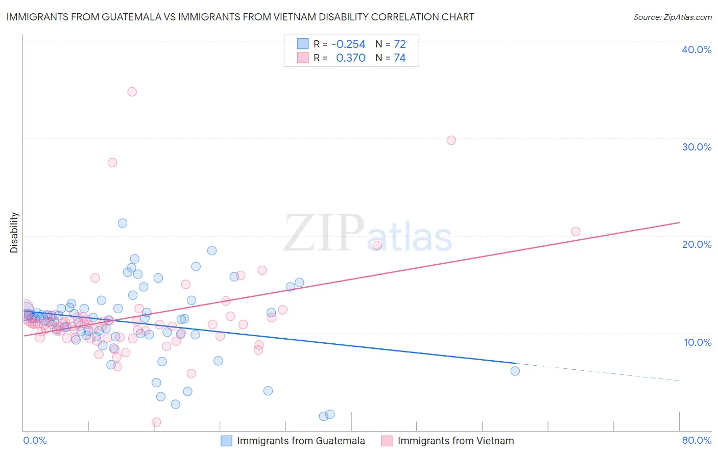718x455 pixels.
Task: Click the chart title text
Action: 240,17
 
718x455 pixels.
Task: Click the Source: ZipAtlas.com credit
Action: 672,17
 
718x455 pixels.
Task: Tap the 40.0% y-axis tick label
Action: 697,49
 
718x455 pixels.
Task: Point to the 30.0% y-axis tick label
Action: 697,147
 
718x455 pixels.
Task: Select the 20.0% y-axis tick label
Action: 697,244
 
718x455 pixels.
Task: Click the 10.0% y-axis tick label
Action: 697,342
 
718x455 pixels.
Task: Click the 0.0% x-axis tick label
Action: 35,440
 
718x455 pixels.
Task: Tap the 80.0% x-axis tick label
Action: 697,440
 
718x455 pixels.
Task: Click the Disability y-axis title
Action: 14,233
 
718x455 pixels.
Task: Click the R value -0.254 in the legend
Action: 348,44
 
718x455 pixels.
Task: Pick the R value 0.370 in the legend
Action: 350,58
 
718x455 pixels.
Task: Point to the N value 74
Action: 399,58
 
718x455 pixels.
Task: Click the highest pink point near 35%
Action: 132,92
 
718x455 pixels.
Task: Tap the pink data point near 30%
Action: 451,140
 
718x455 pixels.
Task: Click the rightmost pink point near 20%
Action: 576,232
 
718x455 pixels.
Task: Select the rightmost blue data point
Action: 515,371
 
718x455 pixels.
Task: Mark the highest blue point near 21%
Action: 123,223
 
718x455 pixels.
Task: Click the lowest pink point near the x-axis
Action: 156,422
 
